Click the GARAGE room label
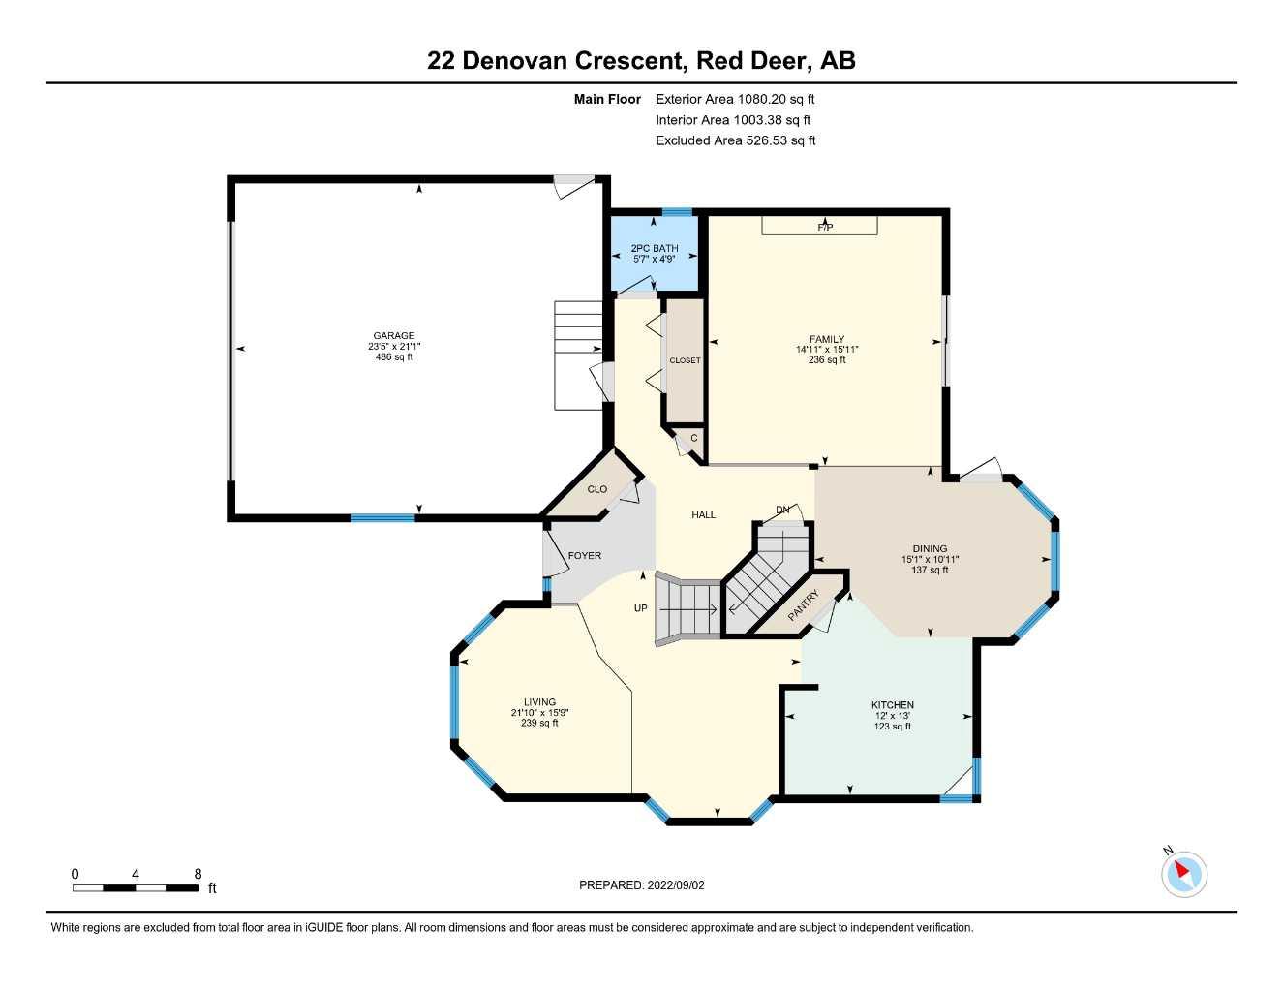click(x=394, y=336)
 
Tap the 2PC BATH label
click(x=655, y=249)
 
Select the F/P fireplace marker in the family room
click(x=825, y=228)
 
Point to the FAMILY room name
click(x=827, y=340)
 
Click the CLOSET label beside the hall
click(x=685, y=361)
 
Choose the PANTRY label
click(x=804, y=606)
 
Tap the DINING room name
click(x=930, y=548)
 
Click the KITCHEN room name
click(x=892, y=705)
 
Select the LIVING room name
click(x=539, y=702)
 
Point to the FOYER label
click(x=585, y=556)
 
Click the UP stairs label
click(x=640, y=608)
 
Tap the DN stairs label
click(x=782, y=510)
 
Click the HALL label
click(x=704, y=515)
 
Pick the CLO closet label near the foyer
click(x=597, y=489)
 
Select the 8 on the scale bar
click(x=198, y=874)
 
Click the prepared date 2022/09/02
click(x=676, y=885)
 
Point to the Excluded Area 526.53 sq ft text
click(x=735, y=140)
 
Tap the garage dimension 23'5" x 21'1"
click(x=394, y=347)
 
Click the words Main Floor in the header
click(x=607, y=99)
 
